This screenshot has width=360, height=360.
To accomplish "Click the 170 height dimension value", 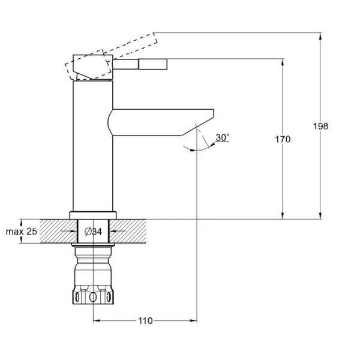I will pyautogui.click(x=283, y=139).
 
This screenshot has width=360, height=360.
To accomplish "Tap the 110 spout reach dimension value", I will pyautogui.click(x=145, y=321).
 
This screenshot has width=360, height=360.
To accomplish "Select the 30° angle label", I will pyautogui.click(x=222, y=137).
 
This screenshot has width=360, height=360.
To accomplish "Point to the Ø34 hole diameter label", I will pyautogui.click(x=93, y=231).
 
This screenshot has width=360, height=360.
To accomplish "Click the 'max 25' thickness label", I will pyautogui.click(x=22, y=231).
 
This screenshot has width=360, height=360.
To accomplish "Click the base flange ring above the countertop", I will pyautogui.click(x=92, y=215).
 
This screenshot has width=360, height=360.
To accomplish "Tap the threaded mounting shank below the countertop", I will pyautogui.click(x=92, y=264).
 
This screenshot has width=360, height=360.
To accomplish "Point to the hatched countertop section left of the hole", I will pyautogui.click(x=57, y=231).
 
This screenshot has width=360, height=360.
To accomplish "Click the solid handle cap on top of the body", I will pyautogui.click(x=93, y=67).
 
